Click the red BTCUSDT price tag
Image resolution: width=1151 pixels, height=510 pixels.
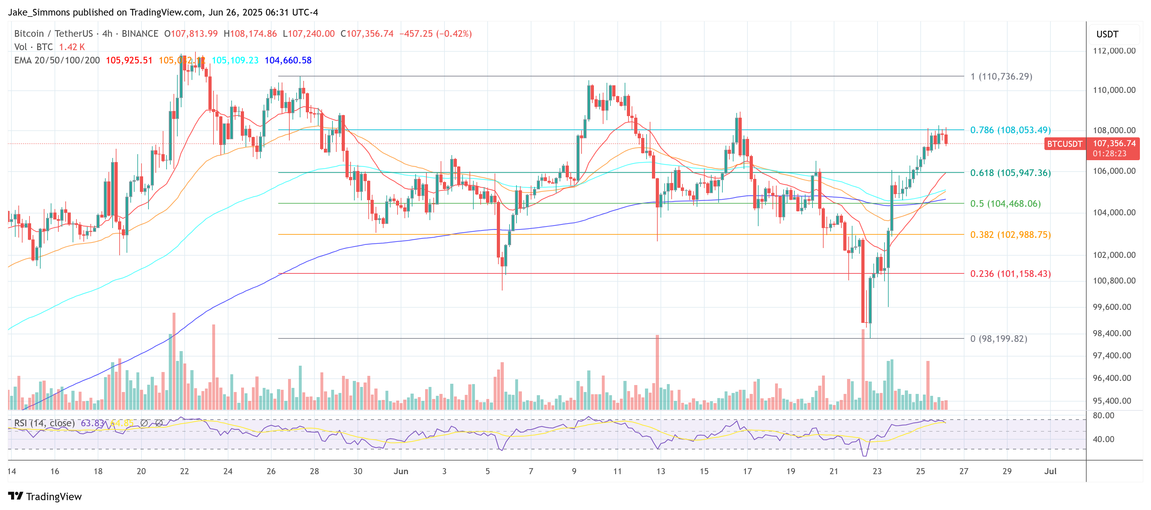point(1064,144)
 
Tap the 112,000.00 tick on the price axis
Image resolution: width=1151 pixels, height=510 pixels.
point(1114,51)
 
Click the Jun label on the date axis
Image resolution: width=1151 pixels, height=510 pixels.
point(401,471)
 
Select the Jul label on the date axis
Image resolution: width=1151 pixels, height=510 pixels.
point(1050,471)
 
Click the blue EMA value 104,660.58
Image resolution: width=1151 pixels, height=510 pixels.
point(288,60)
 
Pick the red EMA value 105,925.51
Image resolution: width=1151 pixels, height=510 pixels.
point(129,60)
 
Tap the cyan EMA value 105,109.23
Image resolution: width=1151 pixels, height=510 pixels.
point(235,60)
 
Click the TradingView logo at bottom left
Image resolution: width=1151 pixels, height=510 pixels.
point(45,497)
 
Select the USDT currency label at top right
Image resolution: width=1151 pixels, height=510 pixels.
point(1107,34)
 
